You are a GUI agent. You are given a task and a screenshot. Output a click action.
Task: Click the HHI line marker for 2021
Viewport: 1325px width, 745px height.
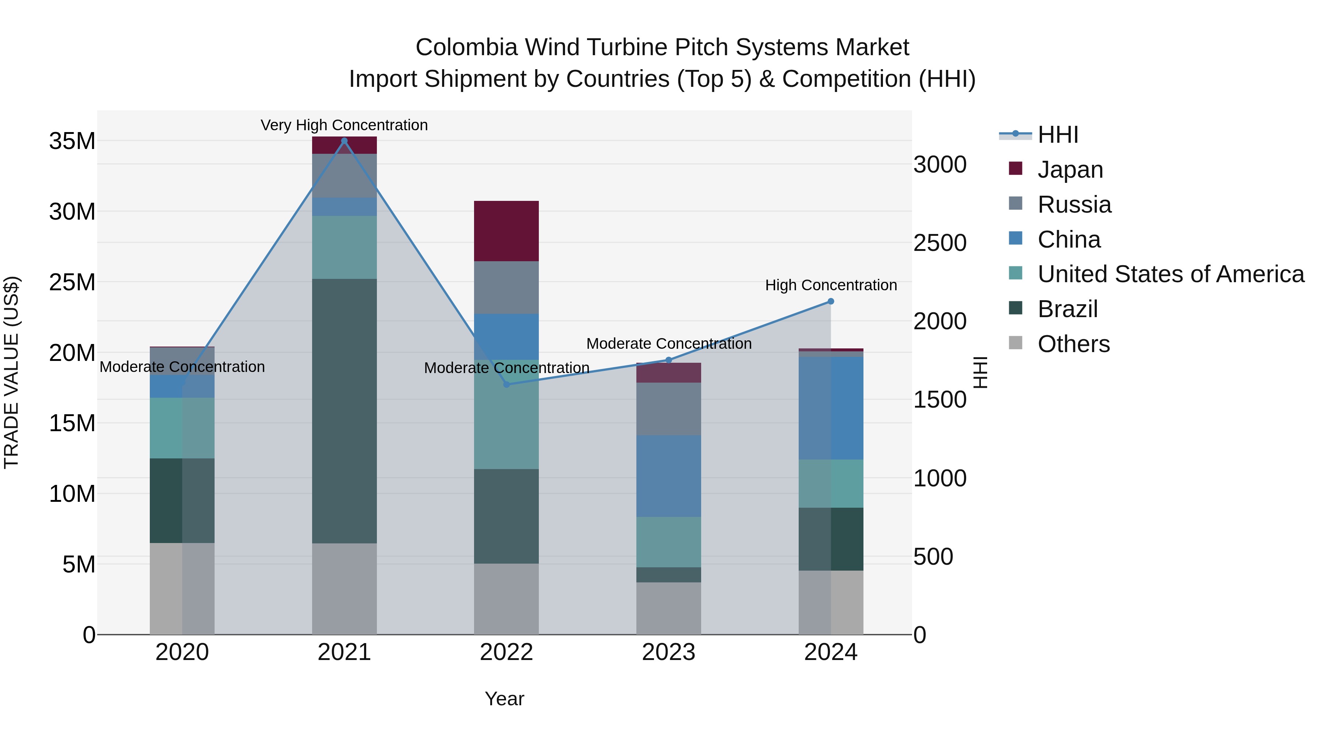click(x=344, y=141)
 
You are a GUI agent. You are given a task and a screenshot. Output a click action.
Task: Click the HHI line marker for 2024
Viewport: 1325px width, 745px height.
click(x=831, y=301)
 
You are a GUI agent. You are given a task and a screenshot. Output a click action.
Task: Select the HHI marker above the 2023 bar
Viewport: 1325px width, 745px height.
click(x=669, y=360)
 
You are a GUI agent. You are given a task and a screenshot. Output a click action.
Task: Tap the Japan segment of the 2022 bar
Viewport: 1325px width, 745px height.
click(x=506, y=231)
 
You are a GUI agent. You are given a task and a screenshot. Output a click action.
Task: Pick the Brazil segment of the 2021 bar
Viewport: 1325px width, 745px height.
click(x=344, y=411)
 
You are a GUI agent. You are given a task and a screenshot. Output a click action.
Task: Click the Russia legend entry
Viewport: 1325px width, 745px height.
click(x=1074, y=205)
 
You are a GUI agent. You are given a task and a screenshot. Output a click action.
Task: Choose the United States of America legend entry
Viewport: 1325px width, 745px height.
click(x=1170, y=274)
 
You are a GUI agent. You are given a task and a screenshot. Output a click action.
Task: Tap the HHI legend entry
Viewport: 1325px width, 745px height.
click(x=1057, y=135)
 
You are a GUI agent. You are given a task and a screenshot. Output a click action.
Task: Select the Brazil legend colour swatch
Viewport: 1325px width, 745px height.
click(x=1015, y=309)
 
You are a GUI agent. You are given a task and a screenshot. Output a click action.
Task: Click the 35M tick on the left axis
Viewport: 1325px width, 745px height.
click(x=72, y=141)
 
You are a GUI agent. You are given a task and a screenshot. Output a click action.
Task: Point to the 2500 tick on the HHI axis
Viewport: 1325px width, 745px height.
click(x=940, y=243)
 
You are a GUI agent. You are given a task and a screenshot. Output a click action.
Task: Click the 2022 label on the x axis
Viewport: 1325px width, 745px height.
click(x=506, y=652)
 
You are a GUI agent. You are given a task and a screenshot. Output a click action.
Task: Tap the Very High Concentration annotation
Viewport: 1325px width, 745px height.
click(x=344, y=125)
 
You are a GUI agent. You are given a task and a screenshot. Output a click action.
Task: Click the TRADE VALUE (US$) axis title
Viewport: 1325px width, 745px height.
click(x=11, y=372)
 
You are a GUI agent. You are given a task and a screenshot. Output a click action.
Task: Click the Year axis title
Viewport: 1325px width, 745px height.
click(x=504, y=699)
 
